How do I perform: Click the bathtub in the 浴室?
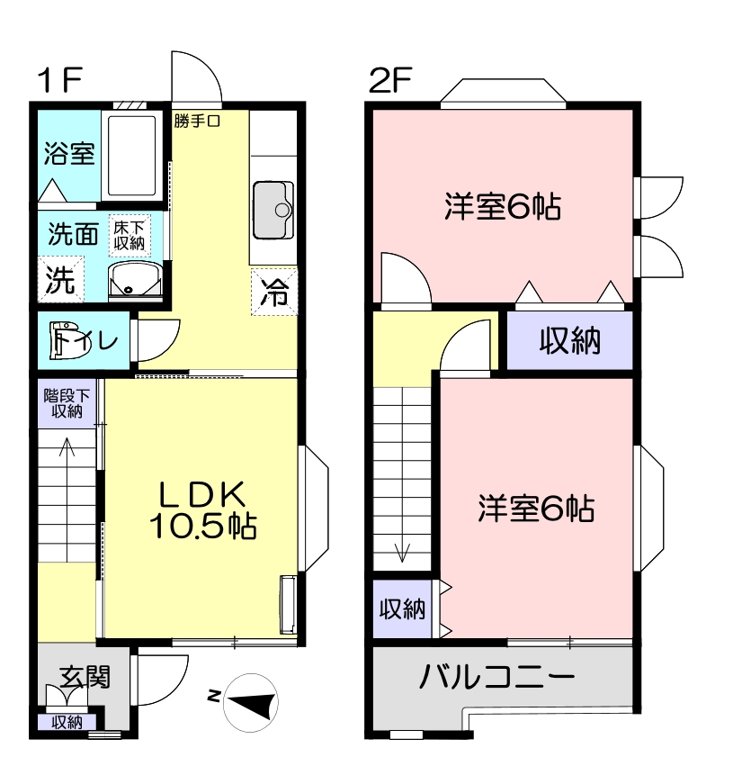click(131, 155)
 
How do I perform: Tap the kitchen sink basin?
click(273, 210)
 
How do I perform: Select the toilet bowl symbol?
click(68, 340)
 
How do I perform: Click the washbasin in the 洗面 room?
click(135, 281)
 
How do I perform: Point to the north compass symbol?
click(250, 702)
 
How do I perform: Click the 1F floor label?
click(59, 80)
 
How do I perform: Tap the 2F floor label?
click(390, 80)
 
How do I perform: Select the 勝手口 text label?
click(197, 122)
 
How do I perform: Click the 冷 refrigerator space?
click(274, 291)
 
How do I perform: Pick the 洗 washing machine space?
click(61, 279)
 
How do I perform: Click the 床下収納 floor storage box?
click(130, 235)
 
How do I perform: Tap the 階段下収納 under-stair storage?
click(67, 403)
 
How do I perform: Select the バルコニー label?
click(496, 677)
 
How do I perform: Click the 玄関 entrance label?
click(85, 676)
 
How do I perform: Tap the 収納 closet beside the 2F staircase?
click(403, 608)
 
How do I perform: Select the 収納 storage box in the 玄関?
click(67, 723)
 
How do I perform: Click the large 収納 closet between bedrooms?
click(569, 340)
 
